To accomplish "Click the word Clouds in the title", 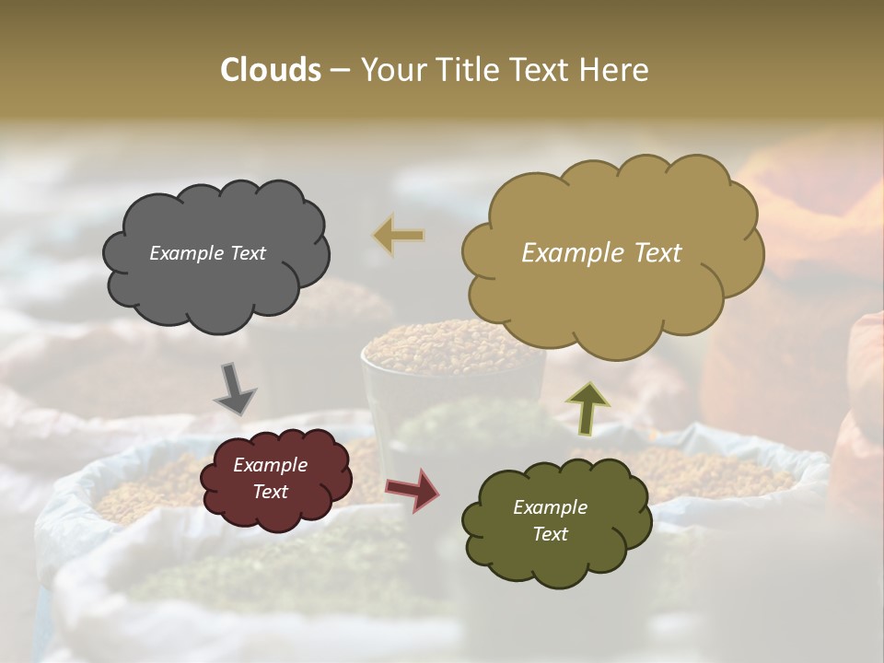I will (270, 70).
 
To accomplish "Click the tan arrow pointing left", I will (399, 235).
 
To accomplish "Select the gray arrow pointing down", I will (235, 388).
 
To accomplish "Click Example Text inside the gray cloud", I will (207, 253).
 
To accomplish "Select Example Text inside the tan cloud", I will (601, 253).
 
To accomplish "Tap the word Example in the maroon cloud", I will (270, 465).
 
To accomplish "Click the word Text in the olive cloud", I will (551, 534).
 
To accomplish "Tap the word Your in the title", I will (392, 70).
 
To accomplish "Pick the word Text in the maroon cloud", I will (270, 492).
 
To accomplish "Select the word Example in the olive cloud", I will (551, 507).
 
